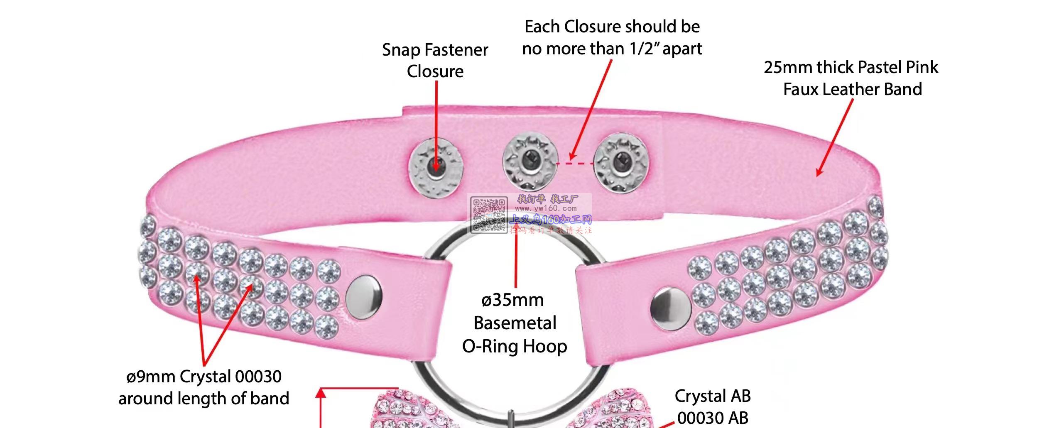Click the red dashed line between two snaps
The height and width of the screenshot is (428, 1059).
point(575,164)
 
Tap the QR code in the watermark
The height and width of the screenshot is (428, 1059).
point(488,215)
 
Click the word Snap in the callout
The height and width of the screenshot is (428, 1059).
point(401,50)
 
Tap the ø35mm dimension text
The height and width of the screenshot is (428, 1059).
point(512,300)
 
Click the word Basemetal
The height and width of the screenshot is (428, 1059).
point(515,323)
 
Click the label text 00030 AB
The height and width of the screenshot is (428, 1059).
point(713,418)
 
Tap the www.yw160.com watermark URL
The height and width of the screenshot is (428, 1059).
point(546,208)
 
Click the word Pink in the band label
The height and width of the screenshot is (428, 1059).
point(922,67)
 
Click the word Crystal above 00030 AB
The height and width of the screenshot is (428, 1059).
point(699,396)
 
